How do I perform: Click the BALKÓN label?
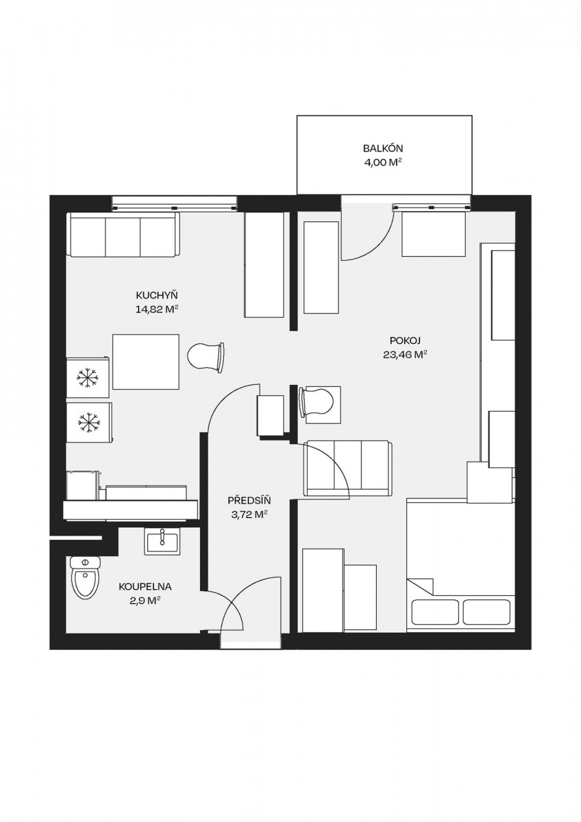point(383,149)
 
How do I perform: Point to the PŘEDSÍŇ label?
point(249,500)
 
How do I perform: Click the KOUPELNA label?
point(145,587)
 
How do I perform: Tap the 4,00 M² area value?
point(382,162)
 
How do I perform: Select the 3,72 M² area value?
point(249,514)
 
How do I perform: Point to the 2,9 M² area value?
point(146,601)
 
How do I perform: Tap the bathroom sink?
point(162,540)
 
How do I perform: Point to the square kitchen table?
point(146,362)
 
